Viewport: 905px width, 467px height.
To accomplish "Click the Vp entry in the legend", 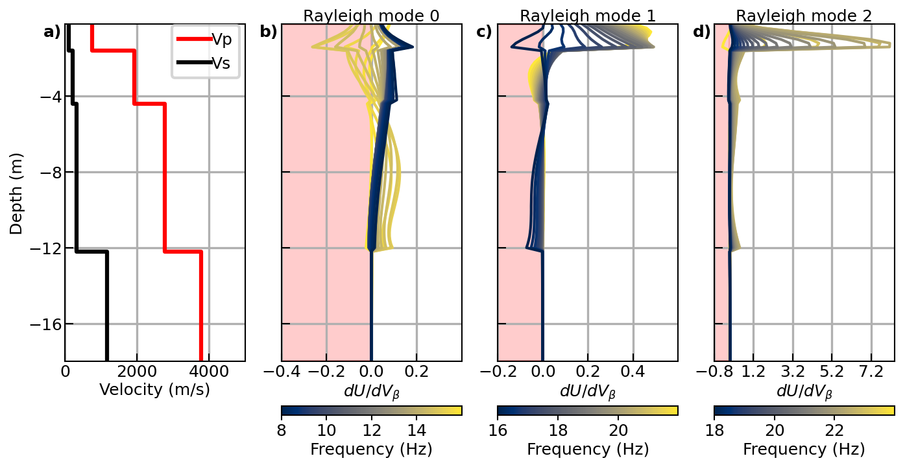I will pyautogui.click(x=222, y=39).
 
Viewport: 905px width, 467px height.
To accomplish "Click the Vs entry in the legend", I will pyautogui.click(x=222, y=63).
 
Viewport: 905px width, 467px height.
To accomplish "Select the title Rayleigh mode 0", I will pyautogui.click(x=371, y=16).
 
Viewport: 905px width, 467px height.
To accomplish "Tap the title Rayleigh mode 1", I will pyautogui.click(x=588, y=16).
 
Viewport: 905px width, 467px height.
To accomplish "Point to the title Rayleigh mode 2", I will pyautogui.click(x=804, y=16).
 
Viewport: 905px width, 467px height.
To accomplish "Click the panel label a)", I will pyautogui.click(x=52, y=32).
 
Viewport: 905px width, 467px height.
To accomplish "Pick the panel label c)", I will pyautogui.click(x=484, y=32).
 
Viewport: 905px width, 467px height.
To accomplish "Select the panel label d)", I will pyautogui.click(x=701, y=32).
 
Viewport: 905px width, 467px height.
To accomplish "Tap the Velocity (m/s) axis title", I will pyautogui.click(x=154, y=390).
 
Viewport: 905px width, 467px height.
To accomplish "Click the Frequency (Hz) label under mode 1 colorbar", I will pyautogui.click(x=588, y=449).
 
